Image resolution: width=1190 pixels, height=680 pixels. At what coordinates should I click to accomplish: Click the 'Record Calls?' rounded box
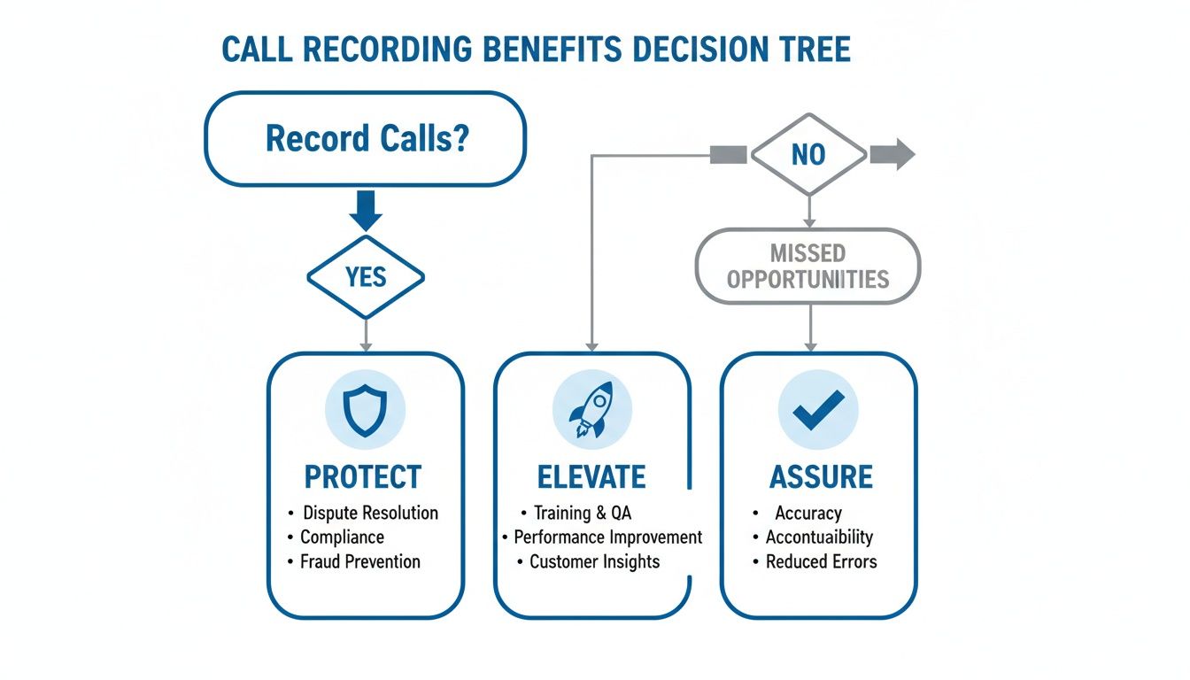tap(366, 139)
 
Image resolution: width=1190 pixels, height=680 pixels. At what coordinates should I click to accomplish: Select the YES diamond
tap(366, 277)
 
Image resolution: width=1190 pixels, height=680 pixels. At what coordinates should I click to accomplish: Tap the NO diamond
tap(807, 155)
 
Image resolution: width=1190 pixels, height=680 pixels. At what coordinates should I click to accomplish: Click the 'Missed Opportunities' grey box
tap(807, 267)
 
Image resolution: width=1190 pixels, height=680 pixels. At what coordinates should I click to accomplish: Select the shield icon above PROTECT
tap(366, 411)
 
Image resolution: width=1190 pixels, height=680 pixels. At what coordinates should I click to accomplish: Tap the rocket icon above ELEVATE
tap(591, 411)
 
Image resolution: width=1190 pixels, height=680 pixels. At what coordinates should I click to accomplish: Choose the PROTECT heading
tap(363, 476)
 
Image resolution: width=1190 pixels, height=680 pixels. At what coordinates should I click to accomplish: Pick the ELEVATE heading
tap(591, 476)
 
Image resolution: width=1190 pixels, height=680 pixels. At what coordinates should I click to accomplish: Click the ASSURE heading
tap(821, 476)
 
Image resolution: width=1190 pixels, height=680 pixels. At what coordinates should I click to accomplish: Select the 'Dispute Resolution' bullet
tap(370, 513)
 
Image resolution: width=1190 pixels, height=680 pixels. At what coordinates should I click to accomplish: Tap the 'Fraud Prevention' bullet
tap(360, 561)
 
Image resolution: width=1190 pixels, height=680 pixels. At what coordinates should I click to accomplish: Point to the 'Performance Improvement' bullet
tap(607, 537)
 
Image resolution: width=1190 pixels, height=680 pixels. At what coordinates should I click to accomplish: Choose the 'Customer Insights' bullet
tap(594, 561)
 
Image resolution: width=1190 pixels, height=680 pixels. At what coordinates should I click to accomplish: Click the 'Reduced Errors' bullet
tap(821, 561)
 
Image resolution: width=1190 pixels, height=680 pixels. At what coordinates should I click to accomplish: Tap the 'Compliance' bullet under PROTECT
tap(342, 537)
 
